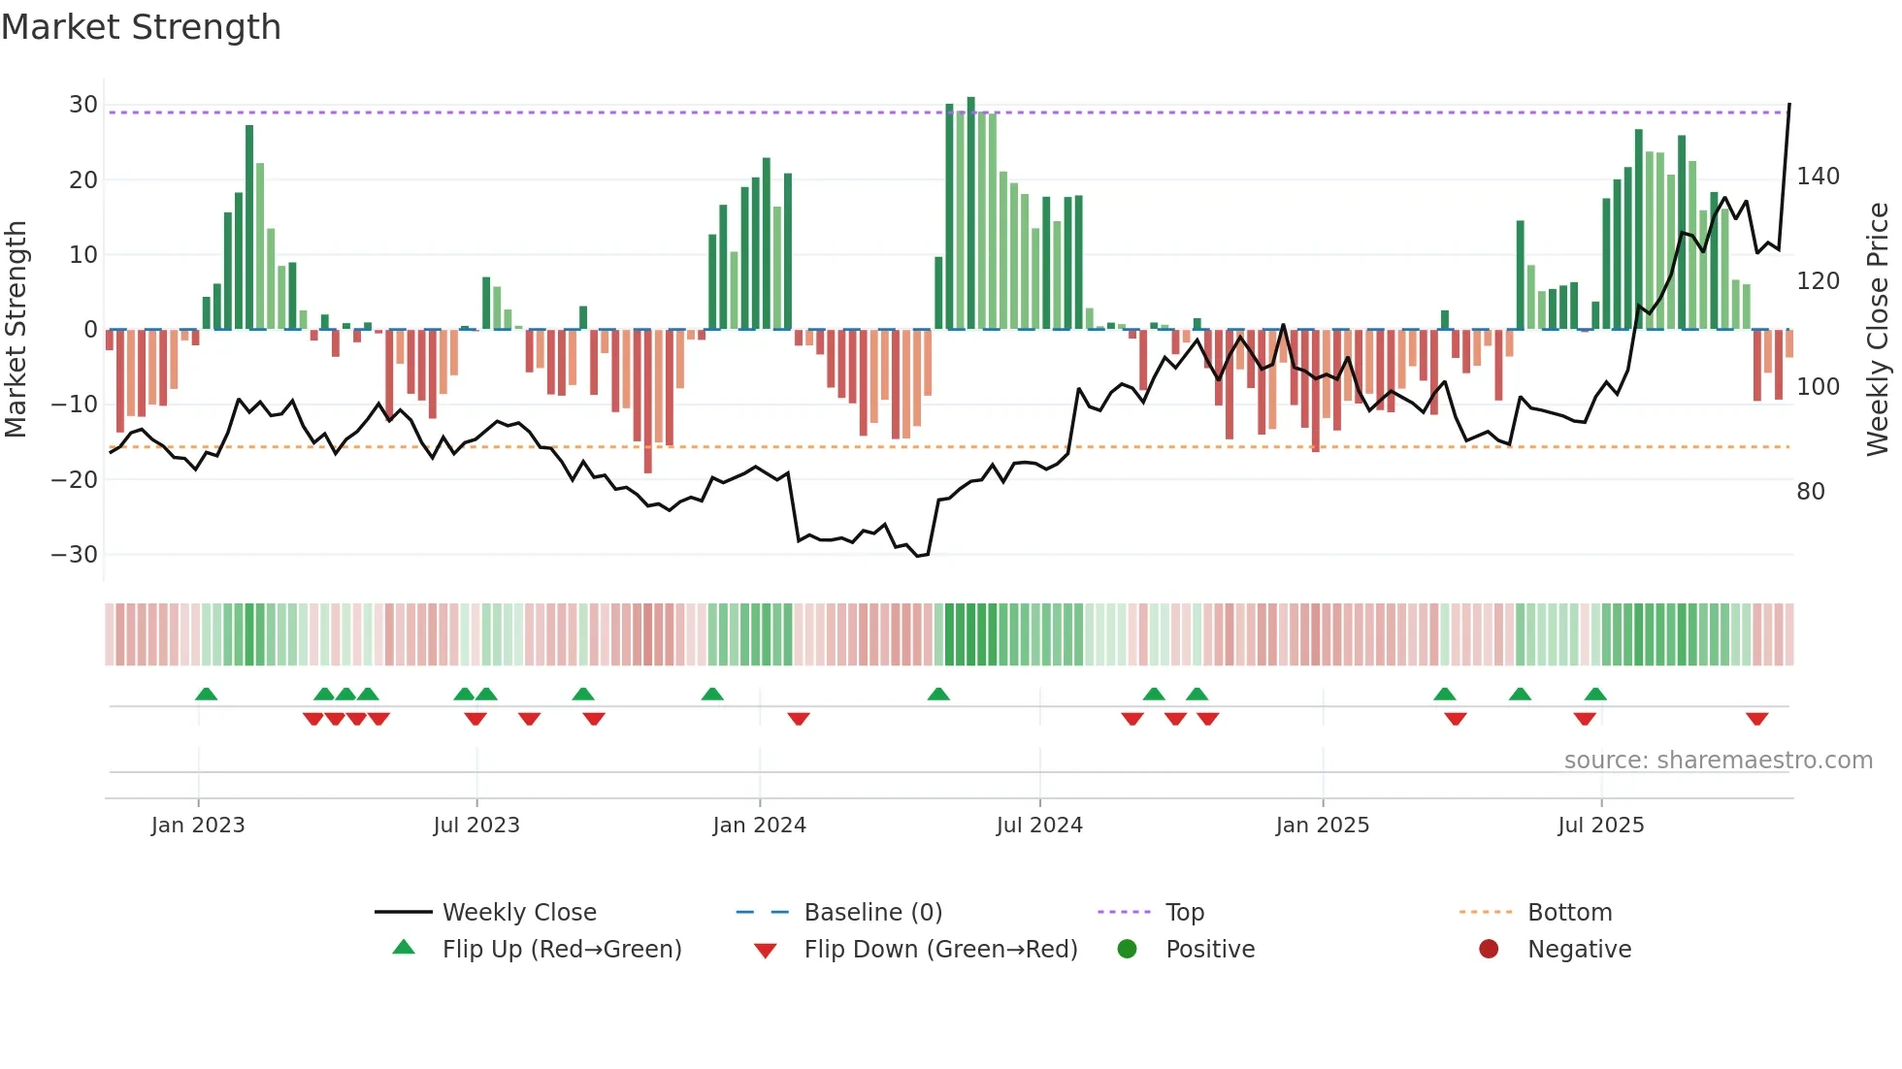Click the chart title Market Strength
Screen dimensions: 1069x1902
[141, 27]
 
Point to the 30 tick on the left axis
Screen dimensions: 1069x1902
[83, 105]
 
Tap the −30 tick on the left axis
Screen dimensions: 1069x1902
[75, 555]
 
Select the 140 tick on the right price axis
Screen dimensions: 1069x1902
[1818, 177]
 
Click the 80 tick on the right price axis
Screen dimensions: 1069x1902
[1810, 492]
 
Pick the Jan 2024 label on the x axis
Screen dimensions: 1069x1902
[759, 826]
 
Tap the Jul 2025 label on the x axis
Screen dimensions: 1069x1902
[1600, 826]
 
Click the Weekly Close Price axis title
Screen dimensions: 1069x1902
[1878, 329]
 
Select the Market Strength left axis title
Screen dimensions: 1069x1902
[16, 329]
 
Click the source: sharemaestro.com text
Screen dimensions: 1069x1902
[1718, 761]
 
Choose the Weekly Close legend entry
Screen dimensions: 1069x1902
[518, 913]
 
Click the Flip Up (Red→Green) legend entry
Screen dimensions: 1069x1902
[561, 950]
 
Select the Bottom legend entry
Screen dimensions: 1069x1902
[1569, 913]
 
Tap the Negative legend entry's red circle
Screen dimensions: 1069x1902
[1488, 950]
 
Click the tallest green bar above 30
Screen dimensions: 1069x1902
[970, 213]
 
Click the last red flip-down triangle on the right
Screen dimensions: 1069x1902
[1755, 719]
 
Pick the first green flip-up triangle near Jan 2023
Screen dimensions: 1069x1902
[206, 694]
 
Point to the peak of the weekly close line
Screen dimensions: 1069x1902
[1788, 105]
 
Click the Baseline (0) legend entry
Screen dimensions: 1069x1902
[872, 913]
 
